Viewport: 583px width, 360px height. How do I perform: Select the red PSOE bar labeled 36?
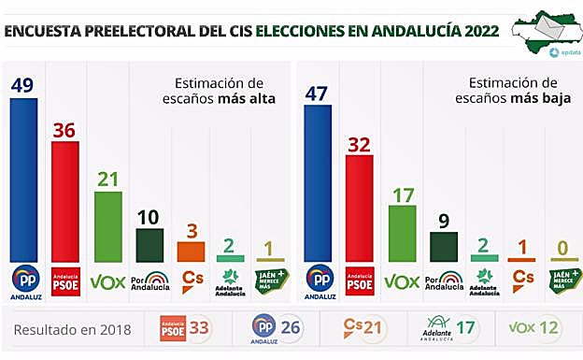pyautogui.click(x=65, y=202)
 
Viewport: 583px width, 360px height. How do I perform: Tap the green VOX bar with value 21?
pyautogui.click(x=107, y=226)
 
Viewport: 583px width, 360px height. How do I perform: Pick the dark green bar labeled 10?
pyautogui.click(x=149, y=245)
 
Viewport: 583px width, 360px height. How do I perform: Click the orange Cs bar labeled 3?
pyautogui.click(x=191, y=252)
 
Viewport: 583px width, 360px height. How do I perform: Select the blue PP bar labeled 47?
pyautogui.click(x=318, y=182)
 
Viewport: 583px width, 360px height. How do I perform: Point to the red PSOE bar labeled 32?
pyautogui.click(x=360, y=208)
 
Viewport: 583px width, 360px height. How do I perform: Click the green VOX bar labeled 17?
pyautogui.click(x=402, y=233)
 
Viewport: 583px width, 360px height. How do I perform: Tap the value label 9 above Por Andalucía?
pyautogui.click(x=443, y=222)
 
